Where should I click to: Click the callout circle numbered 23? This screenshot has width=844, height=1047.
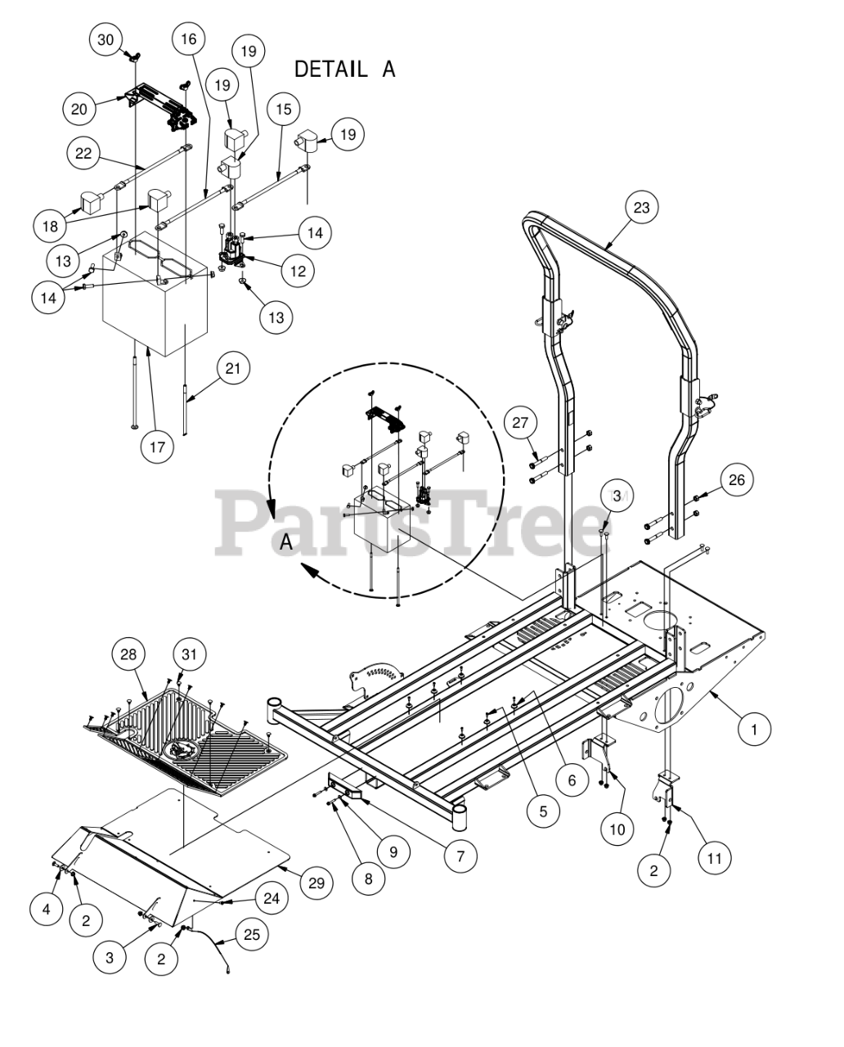point(642,208)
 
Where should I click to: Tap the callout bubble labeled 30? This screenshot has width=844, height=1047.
point(105,39)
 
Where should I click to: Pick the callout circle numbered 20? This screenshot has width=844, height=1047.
point(79,109)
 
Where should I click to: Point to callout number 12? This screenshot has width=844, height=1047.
point(299,271)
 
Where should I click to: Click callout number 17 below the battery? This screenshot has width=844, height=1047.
point(158,447)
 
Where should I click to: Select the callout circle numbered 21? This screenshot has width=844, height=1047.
point(234,368)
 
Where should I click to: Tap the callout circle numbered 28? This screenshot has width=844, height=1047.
point(128,654)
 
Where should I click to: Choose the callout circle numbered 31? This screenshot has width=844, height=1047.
point(189,654)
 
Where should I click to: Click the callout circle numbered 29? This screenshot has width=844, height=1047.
point(316,883)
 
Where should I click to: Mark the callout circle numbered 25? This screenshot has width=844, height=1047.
point(252,935)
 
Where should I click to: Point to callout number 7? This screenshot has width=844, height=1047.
point(460,856)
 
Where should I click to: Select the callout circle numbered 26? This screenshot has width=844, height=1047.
point(737,480)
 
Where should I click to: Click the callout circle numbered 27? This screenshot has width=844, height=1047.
point(520,422)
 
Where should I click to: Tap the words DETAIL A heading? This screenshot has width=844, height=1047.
point(345,69)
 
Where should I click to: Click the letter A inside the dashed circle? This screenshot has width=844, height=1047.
point(286,541)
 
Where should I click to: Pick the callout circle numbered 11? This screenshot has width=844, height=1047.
point(714,859)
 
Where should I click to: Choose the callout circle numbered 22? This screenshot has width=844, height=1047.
point(83,154)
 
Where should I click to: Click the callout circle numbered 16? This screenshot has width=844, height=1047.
point(189,39)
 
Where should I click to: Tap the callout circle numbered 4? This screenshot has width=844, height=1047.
point(47,910)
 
